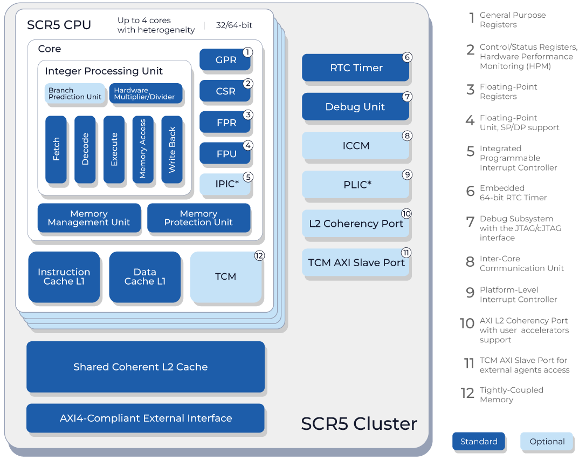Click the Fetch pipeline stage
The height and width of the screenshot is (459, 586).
56,149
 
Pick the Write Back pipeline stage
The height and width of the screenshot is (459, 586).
172,149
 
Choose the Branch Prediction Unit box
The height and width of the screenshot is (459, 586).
75,93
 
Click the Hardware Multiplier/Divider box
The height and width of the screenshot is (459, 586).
146,93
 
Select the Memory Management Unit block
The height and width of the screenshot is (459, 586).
89,218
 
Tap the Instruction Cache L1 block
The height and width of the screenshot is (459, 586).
64,276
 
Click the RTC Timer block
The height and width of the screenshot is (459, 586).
355,67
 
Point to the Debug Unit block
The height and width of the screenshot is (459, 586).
355,106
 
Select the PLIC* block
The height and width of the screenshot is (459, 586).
355,184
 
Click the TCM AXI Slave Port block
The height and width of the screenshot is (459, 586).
355,262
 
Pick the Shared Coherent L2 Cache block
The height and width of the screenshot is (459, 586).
146,367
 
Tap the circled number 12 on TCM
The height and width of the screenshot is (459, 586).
259,256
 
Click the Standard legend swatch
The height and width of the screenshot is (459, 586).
479,441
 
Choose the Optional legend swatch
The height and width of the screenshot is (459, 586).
547,441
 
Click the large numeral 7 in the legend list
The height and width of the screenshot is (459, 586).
470,221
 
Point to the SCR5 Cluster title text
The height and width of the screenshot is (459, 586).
359,423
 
